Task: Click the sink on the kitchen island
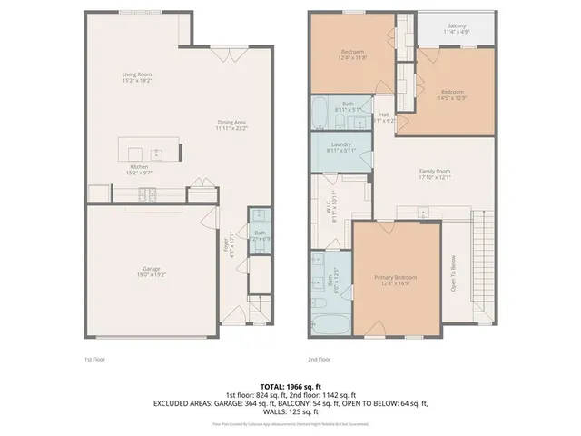156,154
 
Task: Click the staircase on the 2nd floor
483,268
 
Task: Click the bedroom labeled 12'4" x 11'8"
352,55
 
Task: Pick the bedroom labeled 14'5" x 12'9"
452,94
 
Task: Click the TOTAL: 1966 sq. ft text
290,386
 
